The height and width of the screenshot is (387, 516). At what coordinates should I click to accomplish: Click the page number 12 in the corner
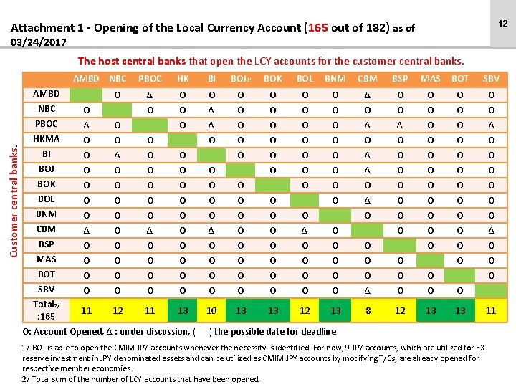pos(502,24)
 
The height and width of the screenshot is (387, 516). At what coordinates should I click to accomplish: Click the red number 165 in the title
pos(316,29)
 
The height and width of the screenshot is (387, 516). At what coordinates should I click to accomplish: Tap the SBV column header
pos(491,78)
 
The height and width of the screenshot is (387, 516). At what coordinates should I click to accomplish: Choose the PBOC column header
pos(150,78)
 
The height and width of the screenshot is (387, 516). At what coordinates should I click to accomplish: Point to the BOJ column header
pos(240,78)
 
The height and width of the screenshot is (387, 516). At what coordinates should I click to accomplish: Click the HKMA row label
pos(47,138)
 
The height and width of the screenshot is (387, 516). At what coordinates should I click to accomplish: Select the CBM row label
pos(47,229)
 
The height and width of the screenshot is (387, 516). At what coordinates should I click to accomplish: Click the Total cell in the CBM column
pos(368,310)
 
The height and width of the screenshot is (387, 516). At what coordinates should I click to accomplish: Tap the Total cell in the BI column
pos(211,310)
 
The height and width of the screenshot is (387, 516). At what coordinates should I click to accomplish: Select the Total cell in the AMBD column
pos(86,310)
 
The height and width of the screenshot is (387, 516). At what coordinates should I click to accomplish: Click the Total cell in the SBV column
pos(491,310)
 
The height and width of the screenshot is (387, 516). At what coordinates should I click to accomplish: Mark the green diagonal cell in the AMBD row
pos(86,94)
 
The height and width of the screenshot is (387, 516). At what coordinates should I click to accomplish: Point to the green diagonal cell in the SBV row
pos(491,290)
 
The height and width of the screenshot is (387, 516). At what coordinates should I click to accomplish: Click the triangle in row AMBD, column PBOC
pos(150,94)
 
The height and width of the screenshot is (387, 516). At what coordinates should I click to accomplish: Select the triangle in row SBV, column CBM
pos(368,290)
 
